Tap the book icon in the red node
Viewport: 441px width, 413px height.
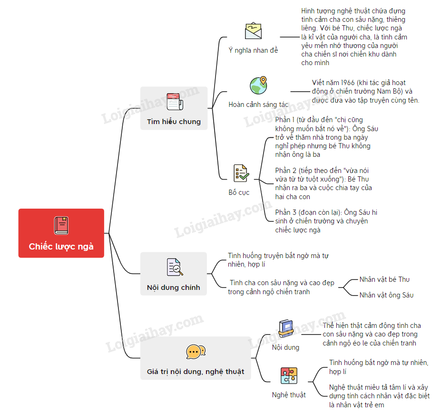coord(61,225)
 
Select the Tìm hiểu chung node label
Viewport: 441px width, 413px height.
coord(174,122)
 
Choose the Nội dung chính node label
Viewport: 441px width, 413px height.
coord(173,287)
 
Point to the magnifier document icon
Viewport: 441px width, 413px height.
coord(174,268)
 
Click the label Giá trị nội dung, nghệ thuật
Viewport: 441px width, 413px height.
coord(196,371)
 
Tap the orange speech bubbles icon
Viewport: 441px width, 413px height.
coord(196,352)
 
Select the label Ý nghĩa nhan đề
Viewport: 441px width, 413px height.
coord(253,50)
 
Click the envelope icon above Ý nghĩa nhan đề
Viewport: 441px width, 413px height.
coord(254,30)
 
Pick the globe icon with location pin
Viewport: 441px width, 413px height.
coord(258,85)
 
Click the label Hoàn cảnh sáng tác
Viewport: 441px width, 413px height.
coord(258,105)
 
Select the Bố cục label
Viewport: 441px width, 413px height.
coord(239,192)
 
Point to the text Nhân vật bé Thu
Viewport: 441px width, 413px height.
coord(384,279)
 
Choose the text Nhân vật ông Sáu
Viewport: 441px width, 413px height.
coord(386,295)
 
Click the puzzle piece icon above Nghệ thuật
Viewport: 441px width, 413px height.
coord(289,375)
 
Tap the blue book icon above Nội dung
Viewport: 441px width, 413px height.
coord(286,328)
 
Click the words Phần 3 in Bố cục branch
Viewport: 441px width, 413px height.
coord(284,212)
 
